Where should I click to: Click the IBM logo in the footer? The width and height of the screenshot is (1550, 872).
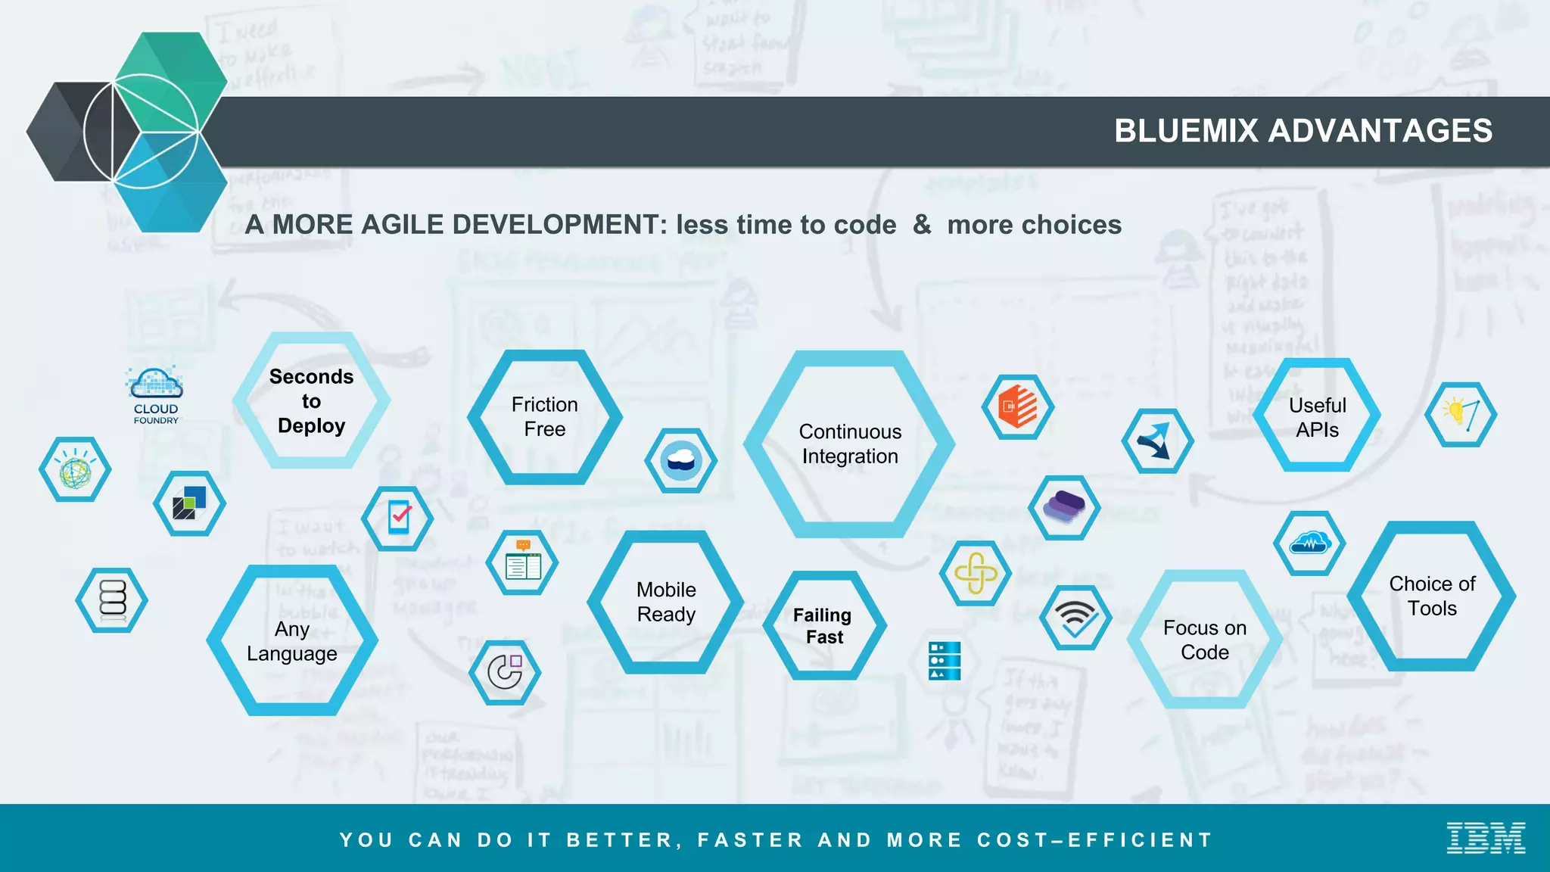(1486, 838)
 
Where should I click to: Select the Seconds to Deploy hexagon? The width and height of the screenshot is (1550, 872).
(311, 401)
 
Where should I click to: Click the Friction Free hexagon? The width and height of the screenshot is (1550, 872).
(544, 417)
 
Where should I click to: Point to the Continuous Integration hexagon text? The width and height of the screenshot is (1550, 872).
(850, 444)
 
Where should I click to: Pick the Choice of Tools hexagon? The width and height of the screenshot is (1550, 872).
(1432, 596)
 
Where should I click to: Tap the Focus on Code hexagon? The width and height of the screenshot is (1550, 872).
(1205, 640)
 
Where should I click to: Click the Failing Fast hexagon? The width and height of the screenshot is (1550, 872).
(823, 626)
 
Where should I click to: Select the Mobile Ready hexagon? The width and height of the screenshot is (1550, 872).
(666, 603)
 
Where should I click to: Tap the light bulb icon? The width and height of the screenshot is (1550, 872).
(1461, 415)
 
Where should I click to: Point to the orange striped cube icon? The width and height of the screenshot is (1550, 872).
(1018, 407)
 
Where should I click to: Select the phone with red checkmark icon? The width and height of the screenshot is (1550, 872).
(398, 519)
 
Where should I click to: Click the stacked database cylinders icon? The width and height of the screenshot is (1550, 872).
(112, 600)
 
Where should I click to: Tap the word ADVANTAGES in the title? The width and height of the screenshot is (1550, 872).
(1380, 131)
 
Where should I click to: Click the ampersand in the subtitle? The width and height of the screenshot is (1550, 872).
(921, 225)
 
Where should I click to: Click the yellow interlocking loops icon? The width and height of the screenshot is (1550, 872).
(976, 573)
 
